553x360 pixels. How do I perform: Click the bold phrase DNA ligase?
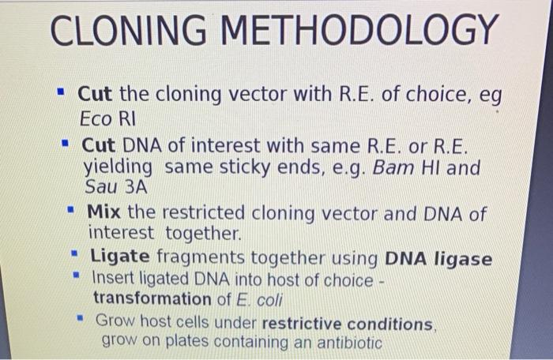tap(438, 258)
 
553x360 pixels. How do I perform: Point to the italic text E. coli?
tap(254, 299)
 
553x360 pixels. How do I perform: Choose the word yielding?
tap(118, 168)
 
